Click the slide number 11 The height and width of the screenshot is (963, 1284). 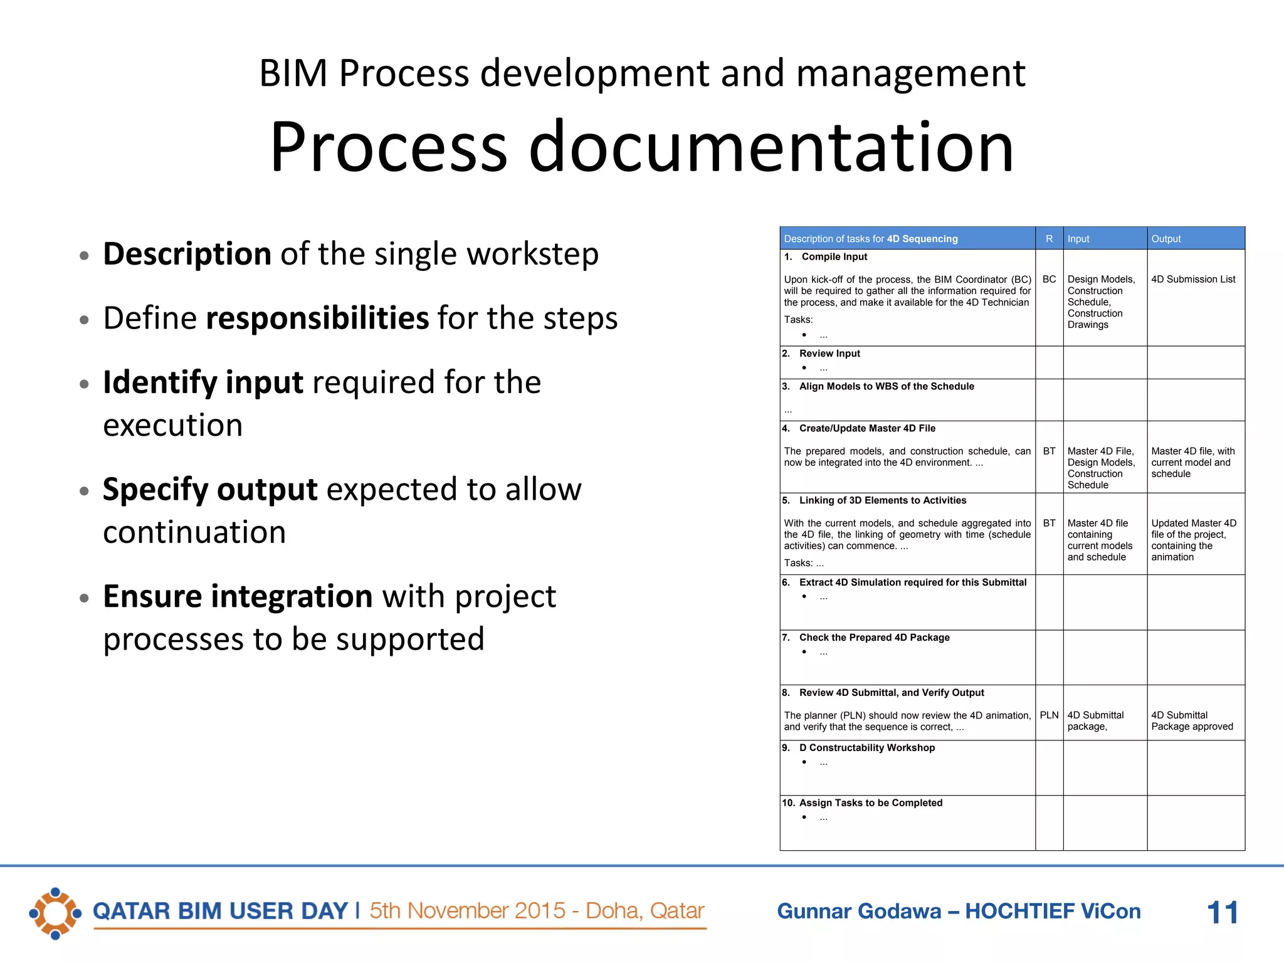1222,912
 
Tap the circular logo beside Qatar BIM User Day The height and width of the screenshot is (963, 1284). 55,913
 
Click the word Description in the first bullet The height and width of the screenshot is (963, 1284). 187,254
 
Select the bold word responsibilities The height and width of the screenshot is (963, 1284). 317,318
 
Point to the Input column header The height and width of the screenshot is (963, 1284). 1078,239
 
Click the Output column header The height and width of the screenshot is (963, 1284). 1166,239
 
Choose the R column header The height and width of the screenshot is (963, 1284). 1049,239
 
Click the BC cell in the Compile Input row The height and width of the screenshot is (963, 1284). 1049,279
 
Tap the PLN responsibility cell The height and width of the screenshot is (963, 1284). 1049,715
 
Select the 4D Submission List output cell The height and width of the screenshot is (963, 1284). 1193,279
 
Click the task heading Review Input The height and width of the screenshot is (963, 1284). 829,354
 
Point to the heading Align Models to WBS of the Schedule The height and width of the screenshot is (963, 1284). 886,386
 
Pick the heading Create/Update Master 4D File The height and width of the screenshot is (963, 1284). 866,428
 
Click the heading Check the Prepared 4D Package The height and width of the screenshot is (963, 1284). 874,638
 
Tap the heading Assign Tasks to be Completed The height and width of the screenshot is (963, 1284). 870,802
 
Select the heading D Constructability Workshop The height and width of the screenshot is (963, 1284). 866,747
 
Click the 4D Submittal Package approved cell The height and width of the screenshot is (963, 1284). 1191,721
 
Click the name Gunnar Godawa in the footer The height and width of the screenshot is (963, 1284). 859,911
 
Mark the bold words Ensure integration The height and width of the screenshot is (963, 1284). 238,596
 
